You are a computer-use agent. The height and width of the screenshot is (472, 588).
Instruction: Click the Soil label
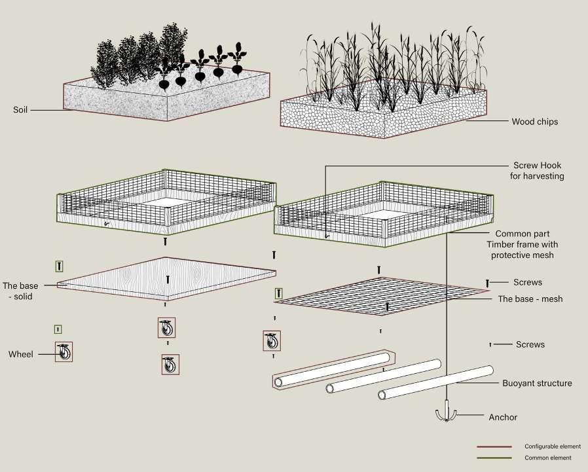pos(20,109)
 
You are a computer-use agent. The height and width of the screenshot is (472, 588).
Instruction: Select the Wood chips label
pos(534,121)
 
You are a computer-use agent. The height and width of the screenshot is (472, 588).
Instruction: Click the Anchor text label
pos(503,417)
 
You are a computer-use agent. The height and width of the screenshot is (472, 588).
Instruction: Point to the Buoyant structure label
pos(537,383)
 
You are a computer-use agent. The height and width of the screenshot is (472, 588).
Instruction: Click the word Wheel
pos(20,355)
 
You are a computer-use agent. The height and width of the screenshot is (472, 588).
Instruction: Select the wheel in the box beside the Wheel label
pos(64,352)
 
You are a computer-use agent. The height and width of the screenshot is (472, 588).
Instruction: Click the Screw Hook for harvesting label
pos(537,171)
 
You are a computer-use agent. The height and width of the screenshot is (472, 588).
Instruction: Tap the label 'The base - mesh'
pos(530,299)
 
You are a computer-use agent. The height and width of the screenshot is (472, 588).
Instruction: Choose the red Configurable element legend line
pos(494,446)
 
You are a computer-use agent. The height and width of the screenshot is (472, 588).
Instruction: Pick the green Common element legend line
pos(494,458)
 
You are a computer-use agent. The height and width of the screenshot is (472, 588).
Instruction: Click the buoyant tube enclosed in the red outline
pos(333,371)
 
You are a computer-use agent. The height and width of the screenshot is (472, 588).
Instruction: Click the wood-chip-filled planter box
pos(383,115)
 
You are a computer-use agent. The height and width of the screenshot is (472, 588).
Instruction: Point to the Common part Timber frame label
pos(523,244)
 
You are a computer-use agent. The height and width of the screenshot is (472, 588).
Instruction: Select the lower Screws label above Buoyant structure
pos(530,344)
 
